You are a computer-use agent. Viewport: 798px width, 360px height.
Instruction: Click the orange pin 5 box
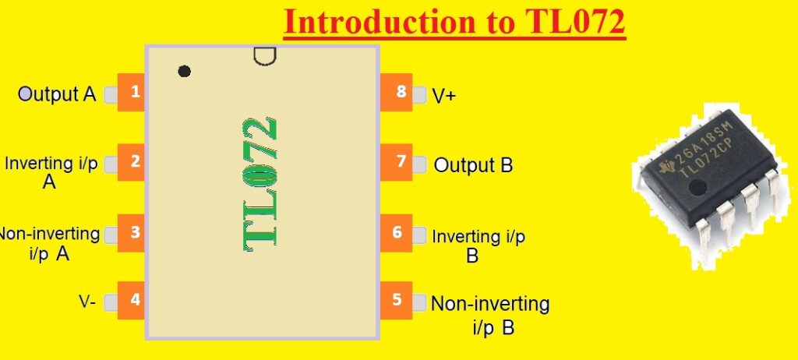pos(396,300)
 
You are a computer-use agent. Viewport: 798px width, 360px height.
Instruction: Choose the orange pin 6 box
pos(396,232)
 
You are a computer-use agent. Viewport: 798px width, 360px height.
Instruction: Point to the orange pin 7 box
pos(396,162)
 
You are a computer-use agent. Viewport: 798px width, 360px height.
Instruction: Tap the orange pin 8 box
pos(396,93)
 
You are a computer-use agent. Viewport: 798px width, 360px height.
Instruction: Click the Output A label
pos(57,94)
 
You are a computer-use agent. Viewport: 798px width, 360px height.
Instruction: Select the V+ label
pos(444,96)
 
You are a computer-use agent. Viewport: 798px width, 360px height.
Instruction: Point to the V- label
pos(87,302)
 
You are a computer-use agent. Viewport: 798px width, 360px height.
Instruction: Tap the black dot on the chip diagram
pos(184,71)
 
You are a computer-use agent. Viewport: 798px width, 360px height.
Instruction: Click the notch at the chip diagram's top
pos(264,56)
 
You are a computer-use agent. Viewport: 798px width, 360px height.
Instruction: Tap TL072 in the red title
pos(569,23)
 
